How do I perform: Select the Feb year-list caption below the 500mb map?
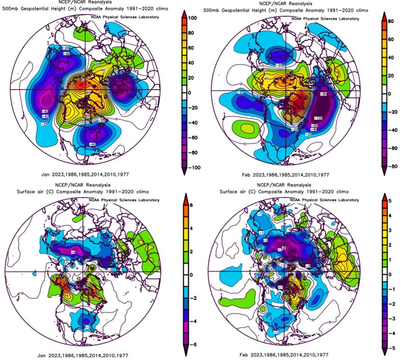coord(285,175)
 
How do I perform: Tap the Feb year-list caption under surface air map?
coord(285,355)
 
